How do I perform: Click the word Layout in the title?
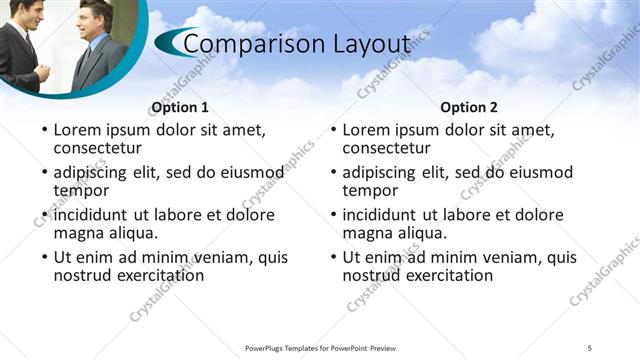pos(372,45)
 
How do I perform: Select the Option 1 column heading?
pos(180,108)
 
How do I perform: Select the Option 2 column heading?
pos(469,108)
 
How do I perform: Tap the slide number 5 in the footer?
pos(590,347)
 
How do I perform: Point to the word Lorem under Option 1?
pos(78,130)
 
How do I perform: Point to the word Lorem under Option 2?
pos(367,130)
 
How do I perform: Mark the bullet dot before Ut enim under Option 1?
pos(43,258)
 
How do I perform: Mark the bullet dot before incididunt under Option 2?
pos(332,215)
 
